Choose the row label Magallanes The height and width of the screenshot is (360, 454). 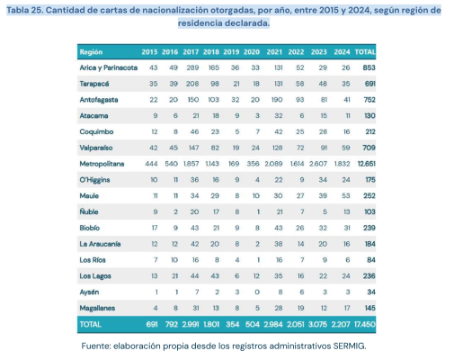(x=97, y=307)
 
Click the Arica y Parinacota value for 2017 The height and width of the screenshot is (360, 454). (x=191, y=67)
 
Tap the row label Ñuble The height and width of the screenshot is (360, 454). (x=89, y=210)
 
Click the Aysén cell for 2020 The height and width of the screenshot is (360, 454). (x=257, y=291)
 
